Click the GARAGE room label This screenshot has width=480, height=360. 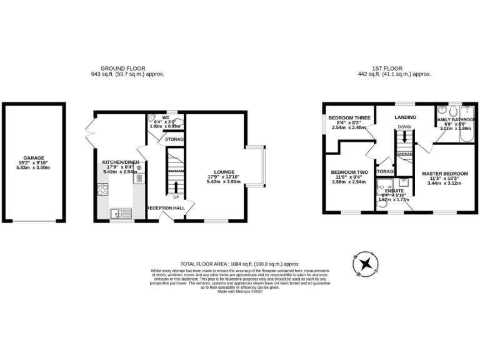click(x=32, y=158)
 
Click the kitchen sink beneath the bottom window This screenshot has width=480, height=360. click(x=119, y=214)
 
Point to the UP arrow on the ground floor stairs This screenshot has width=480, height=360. click(x=176, y=186)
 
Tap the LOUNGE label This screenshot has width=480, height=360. click(x=223, y=171)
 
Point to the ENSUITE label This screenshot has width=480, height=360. click(x=394, y=191)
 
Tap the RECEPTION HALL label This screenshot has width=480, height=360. click(x=165, y=208)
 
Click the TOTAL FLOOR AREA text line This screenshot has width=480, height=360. click(x=240, y=264)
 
